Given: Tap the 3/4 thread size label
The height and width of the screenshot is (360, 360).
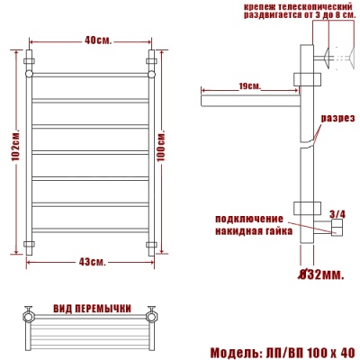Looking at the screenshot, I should pos(337,213).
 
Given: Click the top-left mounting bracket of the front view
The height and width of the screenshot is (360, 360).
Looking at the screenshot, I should pos(31,64).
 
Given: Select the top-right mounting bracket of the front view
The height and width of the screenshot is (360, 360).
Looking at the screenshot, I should pos(151,64).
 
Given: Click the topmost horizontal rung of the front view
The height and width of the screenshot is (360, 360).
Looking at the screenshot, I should pos(91,74).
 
